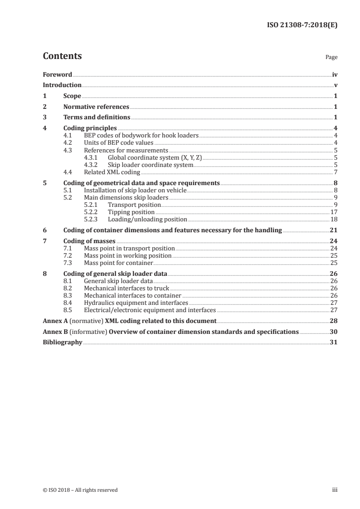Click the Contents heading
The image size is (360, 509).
point(62,56)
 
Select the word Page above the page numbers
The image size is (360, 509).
point(331,58)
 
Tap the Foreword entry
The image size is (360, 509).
point(57,74)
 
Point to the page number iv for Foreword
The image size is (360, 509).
point(335,74)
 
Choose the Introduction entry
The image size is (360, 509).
point(62,85)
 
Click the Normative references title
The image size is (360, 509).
point(96,107)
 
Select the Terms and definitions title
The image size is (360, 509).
point(97,117)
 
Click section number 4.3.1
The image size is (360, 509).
point(93,157)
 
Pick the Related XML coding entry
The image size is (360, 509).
point(112,172)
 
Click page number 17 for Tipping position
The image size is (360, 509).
point(334,212)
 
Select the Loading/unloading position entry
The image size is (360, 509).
point(148,219)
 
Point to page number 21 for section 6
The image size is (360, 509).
point(334,230)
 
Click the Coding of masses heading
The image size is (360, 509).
point(89,241)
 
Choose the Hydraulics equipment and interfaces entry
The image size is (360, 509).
point(136,303)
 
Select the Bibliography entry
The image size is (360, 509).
point(62,343)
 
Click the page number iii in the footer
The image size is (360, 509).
point(335,490)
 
